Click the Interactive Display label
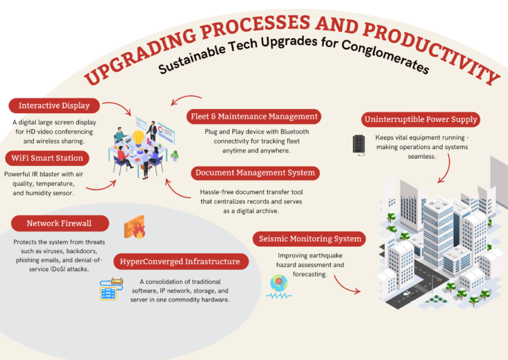pos(53,106)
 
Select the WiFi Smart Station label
pos(47,157)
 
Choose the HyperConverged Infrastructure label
pos(180,262)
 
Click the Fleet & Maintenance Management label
pos(254,117)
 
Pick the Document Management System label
pos(255,172)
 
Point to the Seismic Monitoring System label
pos(308,239)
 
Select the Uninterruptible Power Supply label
pos(421,119)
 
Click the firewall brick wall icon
pos(134,227)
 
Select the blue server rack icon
pos(109,289)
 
